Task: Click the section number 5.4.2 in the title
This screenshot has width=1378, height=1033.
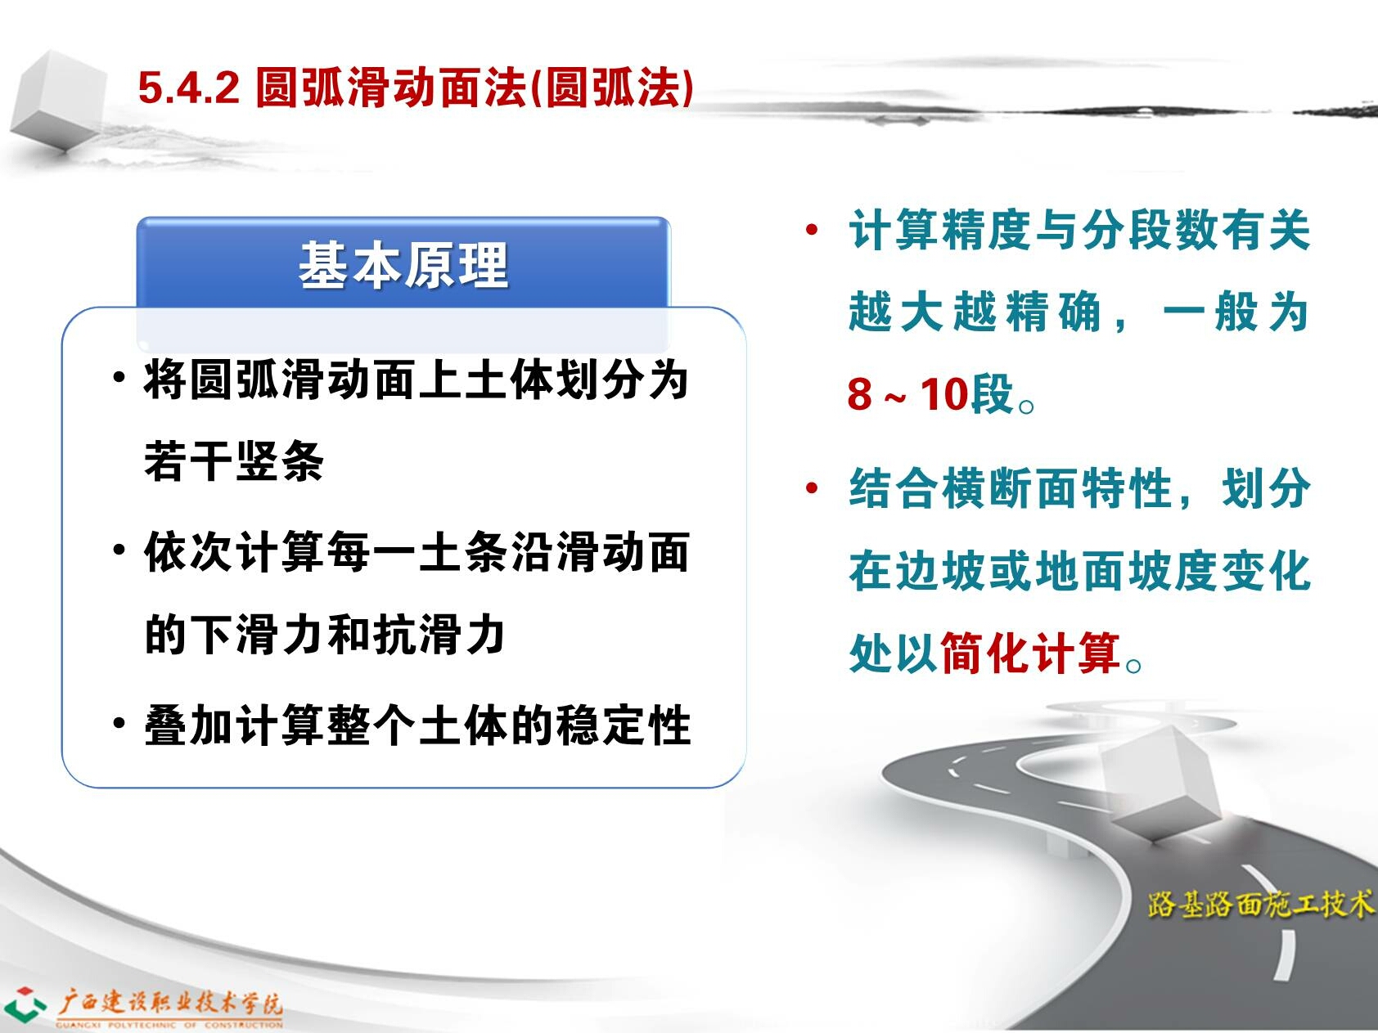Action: [188, 88]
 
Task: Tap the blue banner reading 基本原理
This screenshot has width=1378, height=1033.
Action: [403, 263]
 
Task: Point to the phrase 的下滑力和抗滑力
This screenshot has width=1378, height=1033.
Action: [325, 635]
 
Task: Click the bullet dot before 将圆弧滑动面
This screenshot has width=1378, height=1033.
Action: [119, 379]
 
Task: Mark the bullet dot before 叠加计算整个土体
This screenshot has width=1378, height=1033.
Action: [119, 723]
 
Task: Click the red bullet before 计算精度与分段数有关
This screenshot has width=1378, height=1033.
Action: [812, 230]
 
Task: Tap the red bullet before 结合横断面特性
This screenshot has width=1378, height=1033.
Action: [812, 489]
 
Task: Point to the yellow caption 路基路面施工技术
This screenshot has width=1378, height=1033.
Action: [1261, 904]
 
